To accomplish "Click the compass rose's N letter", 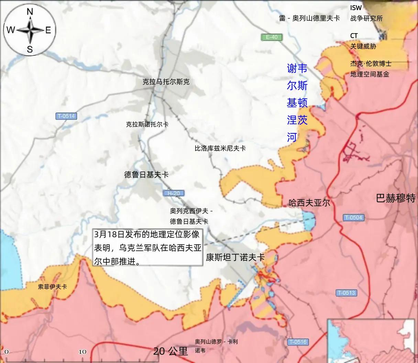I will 30,12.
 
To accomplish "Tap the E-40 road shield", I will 271,37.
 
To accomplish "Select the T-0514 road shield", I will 66,116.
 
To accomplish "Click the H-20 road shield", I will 173,193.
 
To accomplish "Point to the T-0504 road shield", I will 353,218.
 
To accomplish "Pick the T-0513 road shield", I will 346,293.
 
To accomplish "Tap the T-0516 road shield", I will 298,342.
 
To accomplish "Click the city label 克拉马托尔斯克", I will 166,82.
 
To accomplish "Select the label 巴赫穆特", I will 396,198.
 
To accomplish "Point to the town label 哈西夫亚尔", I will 309,202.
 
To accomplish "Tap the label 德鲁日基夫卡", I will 146,175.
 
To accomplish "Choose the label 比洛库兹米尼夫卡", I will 220,148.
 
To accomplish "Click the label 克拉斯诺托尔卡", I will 147,124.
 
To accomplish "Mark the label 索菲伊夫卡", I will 52,286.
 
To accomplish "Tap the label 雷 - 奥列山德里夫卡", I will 309,18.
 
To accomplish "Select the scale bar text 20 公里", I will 170,351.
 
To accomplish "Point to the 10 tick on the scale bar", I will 82,352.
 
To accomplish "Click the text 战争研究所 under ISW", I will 366,19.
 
